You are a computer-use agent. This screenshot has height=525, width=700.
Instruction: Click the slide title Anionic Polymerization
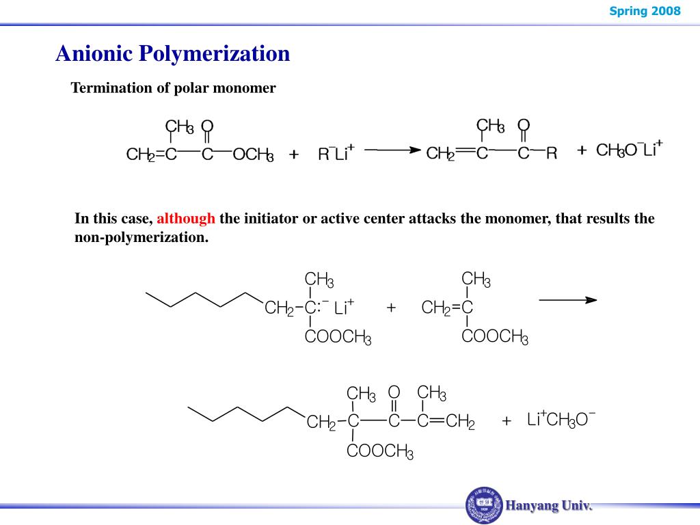pyautogui.click(x=172, y=53)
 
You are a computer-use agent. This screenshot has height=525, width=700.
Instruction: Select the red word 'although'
pyautogui.click(x=186, y=219)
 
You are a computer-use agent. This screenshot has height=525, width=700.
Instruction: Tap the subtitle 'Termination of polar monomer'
pyautogui.click(x=174, y=88)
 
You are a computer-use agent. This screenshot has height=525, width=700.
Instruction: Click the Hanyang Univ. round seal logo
pyautogui.click(x=484, y=506)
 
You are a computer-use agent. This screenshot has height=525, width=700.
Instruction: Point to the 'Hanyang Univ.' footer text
pyautogui.click(x=549, y=506)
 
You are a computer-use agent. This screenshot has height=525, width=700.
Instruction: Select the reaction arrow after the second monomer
pyautogui.click(x=567, y=299)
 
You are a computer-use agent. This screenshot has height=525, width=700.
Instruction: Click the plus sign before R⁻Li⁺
pyautogui.click(x=294, y=155)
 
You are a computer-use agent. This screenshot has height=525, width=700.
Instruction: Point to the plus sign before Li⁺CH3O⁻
pyautogui.click(x=506, y=421)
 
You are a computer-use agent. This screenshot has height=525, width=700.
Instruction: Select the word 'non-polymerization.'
pyautogui.click(x=141, y=238)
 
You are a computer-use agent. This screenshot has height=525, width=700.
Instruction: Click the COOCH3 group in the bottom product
pyautogui.click(x=380, y=452)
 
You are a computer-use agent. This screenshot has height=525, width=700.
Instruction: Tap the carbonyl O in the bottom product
pyautogui.click(x=394, y=392)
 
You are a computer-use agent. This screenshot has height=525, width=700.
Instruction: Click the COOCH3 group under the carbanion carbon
pyautogui.click(x=338, y=337)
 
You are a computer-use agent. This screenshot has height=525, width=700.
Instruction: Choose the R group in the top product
pyautogui.click(x=551, y=154)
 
